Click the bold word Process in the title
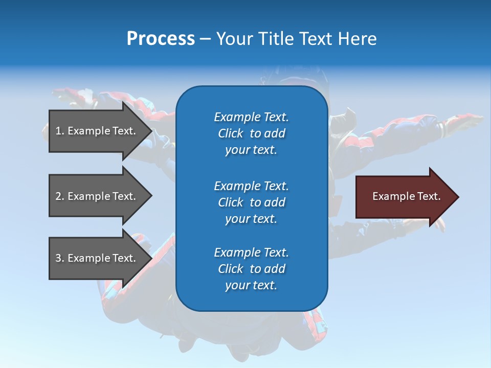161,39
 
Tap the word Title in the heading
277,39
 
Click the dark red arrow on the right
404,197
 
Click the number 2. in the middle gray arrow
59,196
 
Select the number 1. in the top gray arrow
59,131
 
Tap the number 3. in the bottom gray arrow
59,258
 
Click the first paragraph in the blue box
251,133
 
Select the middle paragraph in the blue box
251,202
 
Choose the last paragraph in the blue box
251,269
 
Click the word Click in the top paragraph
230,133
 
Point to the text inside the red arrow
406,196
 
